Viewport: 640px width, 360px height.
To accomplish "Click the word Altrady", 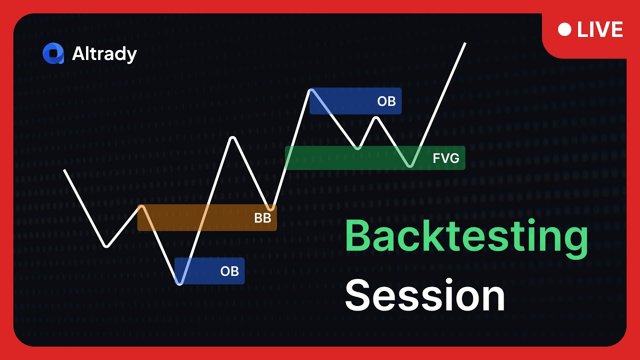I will [104, 54].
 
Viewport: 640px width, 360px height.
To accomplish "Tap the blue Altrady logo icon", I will [53, 54].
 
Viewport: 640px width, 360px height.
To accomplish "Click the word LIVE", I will [599, 30].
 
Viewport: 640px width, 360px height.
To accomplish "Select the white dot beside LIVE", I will [564, 30].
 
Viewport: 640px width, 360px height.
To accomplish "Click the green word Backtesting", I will [466, 237].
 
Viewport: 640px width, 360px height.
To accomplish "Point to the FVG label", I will [445, 158].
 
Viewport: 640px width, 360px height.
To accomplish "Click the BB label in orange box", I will [262, 218].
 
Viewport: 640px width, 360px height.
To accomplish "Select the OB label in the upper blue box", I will [386, 101].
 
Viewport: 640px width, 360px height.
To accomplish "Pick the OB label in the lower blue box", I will [229, 271].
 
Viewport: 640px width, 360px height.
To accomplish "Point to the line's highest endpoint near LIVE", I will [465, 43].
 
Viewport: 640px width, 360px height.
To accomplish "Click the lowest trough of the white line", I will [179, 283].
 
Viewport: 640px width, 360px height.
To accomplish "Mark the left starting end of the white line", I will [64, 170].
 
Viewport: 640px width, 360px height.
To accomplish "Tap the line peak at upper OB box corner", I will [311, 89].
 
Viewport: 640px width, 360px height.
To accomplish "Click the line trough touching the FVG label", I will [410, 165].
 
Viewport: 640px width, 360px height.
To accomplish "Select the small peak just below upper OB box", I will [376, 118].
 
